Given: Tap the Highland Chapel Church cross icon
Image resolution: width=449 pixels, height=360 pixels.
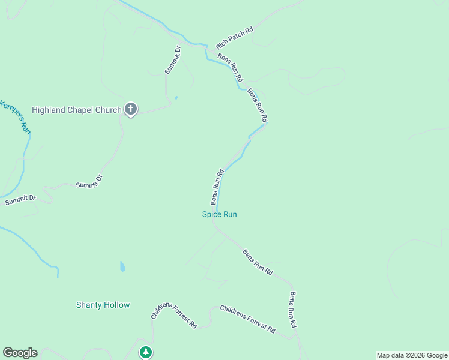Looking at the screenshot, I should pos(131,110).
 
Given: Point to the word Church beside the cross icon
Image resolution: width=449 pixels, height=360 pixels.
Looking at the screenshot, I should pos(109,110).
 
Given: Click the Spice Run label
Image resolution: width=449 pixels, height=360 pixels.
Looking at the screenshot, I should pos(219,214).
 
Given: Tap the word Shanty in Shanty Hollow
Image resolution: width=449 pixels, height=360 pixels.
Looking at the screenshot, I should pos(89,305).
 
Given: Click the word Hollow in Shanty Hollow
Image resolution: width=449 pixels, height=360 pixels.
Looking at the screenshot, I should pos(116,305).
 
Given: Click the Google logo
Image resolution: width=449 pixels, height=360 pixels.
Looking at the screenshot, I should pos(20,353).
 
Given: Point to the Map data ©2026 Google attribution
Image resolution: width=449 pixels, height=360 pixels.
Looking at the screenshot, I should pos(412,355).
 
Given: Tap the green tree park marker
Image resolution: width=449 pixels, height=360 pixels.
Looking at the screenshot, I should pos(145,352).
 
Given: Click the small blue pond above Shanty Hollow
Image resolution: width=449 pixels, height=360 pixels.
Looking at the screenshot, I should pos(122,266).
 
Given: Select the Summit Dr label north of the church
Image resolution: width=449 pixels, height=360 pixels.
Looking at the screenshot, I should pos(173,60).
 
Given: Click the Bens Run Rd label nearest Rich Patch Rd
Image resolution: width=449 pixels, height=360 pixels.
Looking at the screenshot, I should pos(231,68).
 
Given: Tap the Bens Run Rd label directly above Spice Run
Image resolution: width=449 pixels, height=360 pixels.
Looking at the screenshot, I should pos(217,186).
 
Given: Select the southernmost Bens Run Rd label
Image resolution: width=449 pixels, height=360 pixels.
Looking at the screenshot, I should pos(293,310).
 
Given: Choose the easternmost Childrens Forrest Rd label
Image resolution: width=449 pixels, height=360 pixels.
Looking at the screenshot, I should pos(247,319).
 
